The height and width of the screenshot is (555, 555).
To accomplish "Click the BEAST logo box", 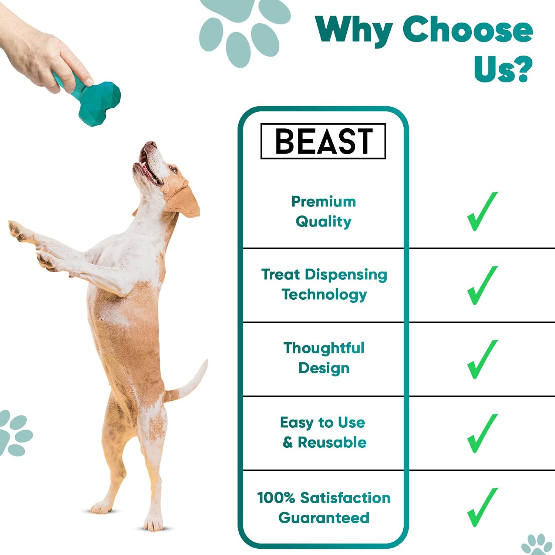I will [323, 141].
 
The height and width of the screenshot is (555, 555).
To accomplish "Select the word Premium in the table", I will [323, 202].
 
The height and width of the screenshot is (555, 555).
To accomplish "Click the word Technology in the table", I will [324, 295].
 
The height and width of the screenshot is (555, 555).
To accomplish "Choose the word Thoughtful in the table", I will [324, 348].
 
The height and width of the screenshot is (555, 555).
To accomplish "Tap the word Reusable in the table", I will [332, 443].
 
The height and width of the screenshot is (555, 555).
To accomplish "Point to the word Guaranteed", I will [324, 518].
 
